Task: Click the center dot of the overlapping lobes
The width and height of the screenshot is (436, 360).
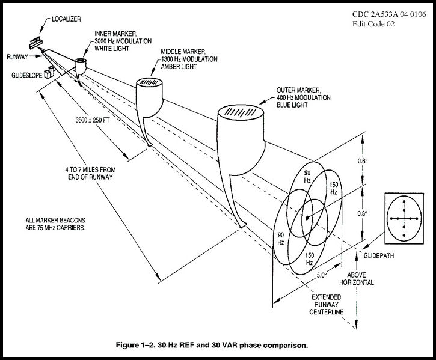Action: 307,217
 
